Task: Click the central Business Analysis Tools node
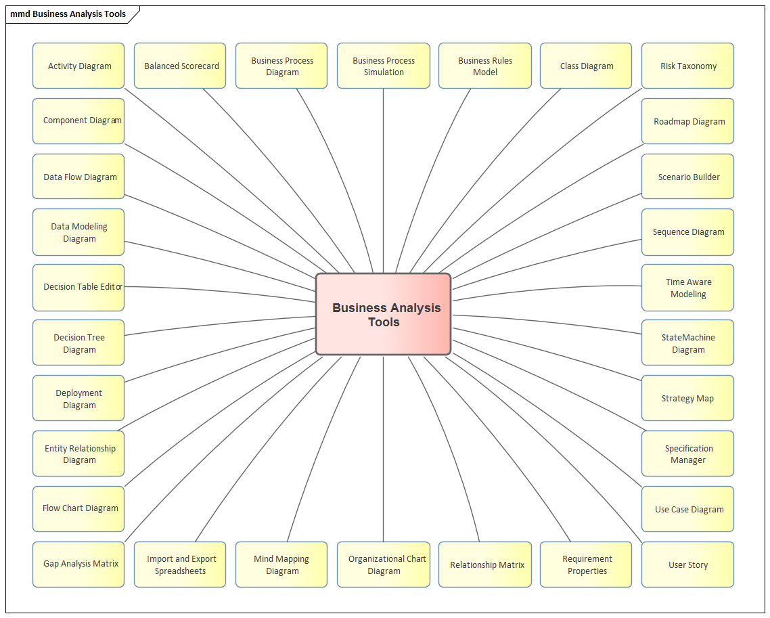click(383, 314)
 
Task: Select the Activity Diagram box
click(78, 66)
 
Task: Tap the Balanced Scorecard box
click(180, 66)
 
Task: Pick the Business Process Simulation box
click(383, 66)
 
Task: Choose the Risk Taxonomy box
click(687, 66)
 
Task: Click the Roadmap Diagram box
click(687, 121)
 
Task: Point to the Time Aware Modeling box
click(687, 288)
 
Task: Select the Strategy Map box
click(687, 398)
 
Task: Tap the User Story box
click(687, 565)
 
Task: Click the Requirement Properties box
click(586, 565)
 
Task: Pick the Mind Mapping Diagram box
click(281, 565)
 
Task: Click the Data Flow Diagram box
click(78, 177)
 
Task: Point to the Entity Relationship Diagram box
click(78, 454)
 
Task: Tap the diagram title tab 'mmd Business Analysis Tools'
click(68, 14)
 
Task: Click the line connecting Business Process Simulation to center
click(384, 176)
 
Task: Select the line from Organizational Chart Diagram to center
click(384, 447)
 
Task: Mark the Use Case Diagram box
click(687, 509)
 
